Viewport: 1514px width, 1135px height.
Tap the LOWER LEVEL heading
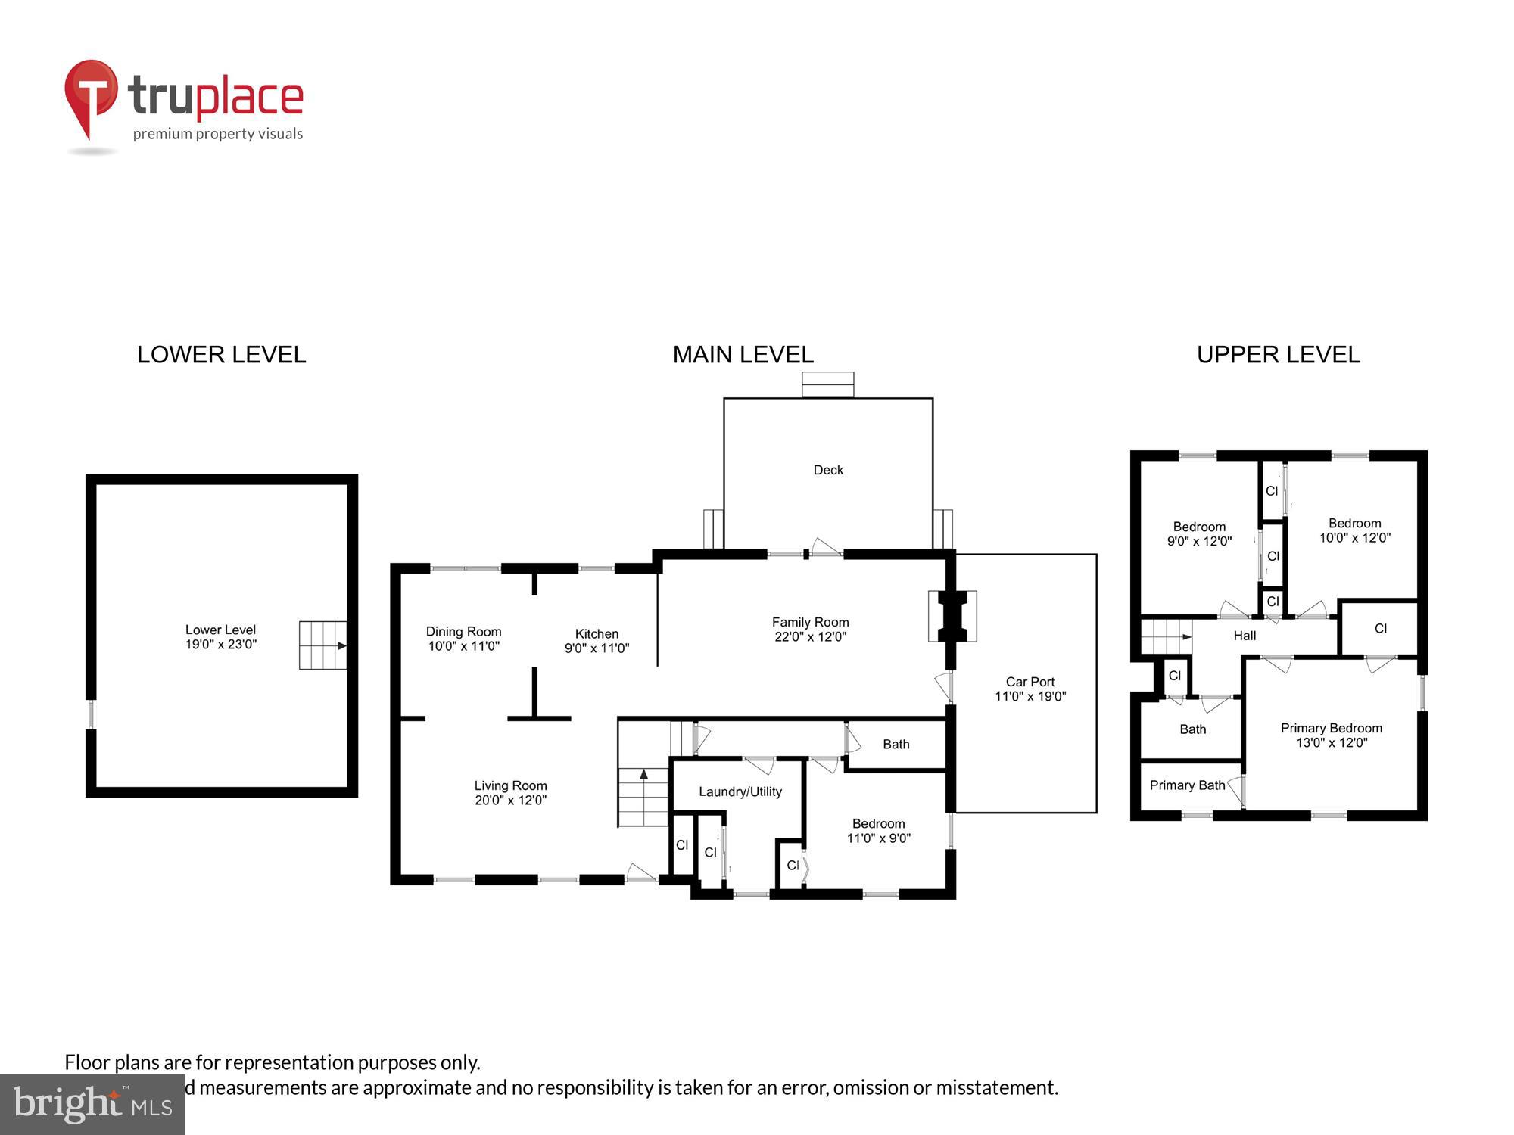click(x=221, y=355)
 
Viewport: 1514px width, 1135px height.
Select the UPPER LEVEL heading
click(x=1278, y=355)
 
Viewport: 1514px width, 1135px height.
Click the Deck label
click(x=828, y=470)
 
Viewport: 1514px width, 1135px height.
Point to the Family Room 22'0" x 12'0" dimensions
click(x=810, y=637)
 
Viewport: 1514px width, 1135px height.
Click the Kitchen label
click(x=597, y=634)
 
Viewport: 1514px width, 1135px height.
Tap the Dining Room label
click(x=463, y=632)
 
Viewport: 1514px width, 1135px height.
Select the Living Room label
click(x=510, y=786)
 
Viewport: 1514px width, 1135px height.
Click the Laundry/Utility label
click(x=740, y=791)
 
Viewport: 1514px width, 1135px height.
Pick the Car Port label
click(x=1030, y=682)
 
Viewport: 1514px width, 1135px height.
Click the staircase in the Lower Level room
click(x=322, y=645)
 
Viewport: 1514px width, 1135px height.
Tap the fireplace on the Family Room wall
click(x=952, y=616)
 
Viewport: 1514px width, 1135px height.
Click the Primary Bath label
click(x=1186, y=785)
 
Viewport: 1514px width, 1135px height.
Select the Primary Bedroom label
click(x=1331, y=728)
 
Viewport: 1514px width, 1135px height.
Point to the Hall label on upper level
click(x=1245, y=636)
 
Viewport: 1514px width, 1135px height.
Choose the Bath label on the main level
click(x=896, y=745)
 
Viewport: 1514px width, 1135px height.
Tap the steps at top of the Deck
click(x=827, y=384)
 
